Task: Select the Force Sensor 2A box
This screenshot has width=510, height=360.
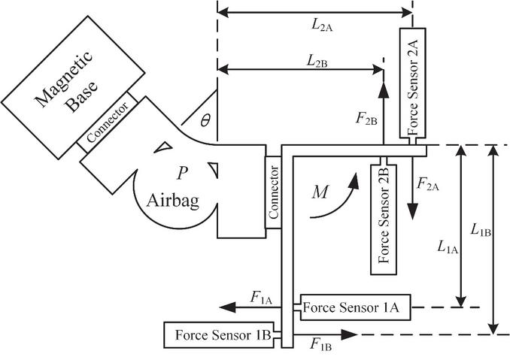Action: (412, 83)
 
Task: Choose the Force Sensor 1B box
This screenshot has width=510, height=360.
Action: (219, 334)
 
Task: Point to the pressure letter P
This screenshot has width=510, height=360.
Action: (181, 174)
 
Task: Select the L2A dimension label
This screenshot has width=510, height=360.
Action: (321, 24)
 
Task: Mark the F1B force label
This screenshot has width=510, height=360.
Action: (321, 345)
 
